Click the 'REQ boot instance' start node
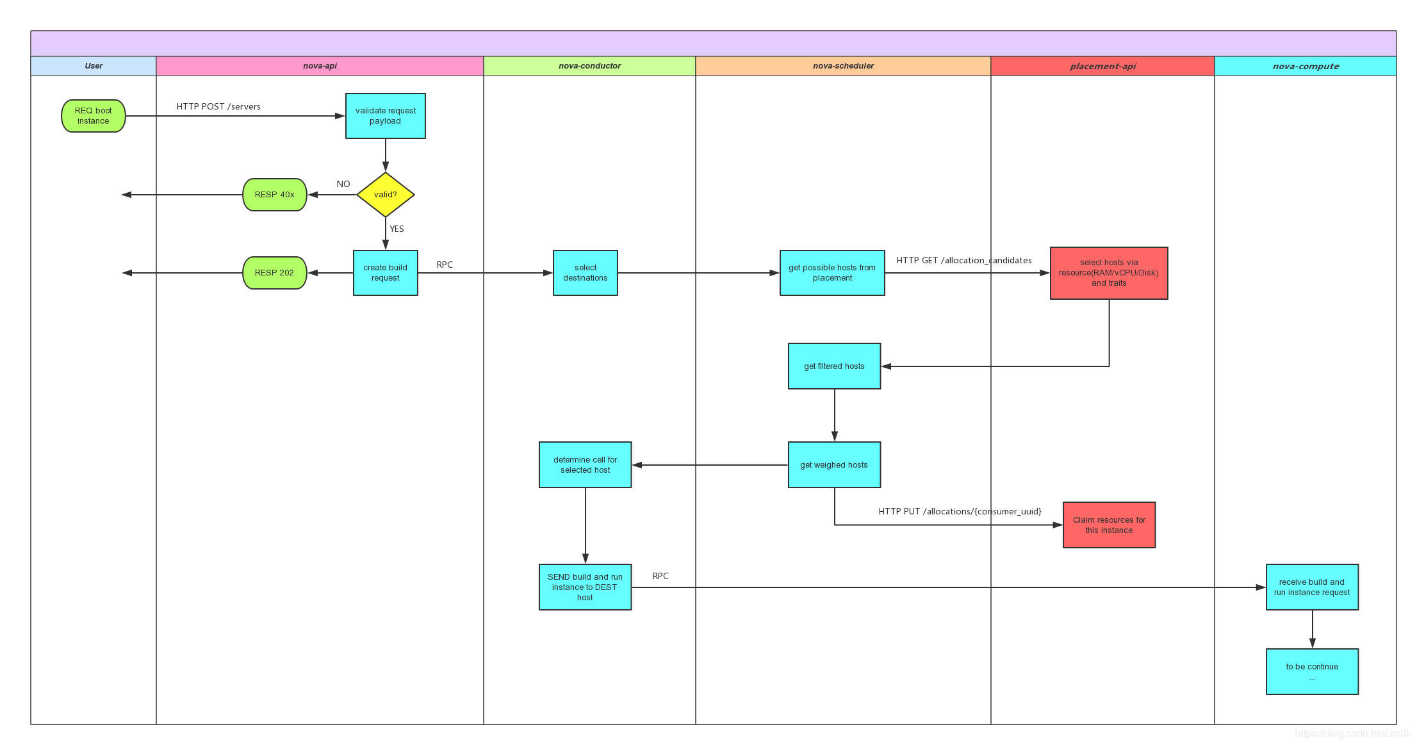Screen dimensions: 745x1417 click(x=94, y=116)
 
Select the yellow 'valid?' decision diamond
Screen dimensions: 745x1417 click(x=386, y=195)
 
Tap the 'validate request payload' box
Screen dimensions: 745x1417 click(x=386, y=116)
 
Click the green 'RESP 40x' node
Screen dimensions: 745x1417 click(x=275, y=195)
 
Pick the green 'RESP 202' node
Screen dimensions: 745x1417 click(x=275, y=273)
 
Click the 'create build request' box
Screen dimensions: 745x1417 click(x=386, y=273)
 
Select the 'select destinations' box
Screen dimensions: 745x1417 click(x=586, y=273)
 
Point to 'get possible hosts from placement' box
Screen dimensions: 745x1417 click(x=832, y=273)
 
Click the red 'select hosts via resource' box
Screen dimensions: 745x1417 click(x=1109, y=273)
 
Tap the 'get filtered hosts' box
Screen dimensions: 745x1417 click(x=834, y=366)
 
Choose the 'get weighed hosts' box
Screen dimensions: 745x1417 click(x=834, y=465)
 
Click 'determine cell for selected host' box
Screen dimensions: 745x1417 click(x=586, y=465)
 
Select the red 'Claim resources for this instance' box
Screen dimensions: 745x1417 click(x=1109, y=525)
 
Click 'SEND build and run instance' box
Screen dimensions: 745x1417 click(x=586, y=587)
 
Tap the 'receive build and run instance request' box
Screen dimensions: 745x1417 click(x=1312, y=587)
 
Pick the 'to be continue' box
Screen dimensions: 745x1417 click(x=1312, y=671)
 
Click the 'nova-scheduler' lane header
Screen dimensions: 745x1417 click(x=843, y=66)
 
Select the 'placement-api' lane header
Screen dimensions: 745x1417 click(x=1102, y=66)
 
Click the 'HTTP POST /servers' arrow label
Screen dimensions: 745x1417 click(x=218, y=106)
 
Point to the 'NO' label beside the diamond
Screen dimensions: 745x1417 click(x=343, y=184)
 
